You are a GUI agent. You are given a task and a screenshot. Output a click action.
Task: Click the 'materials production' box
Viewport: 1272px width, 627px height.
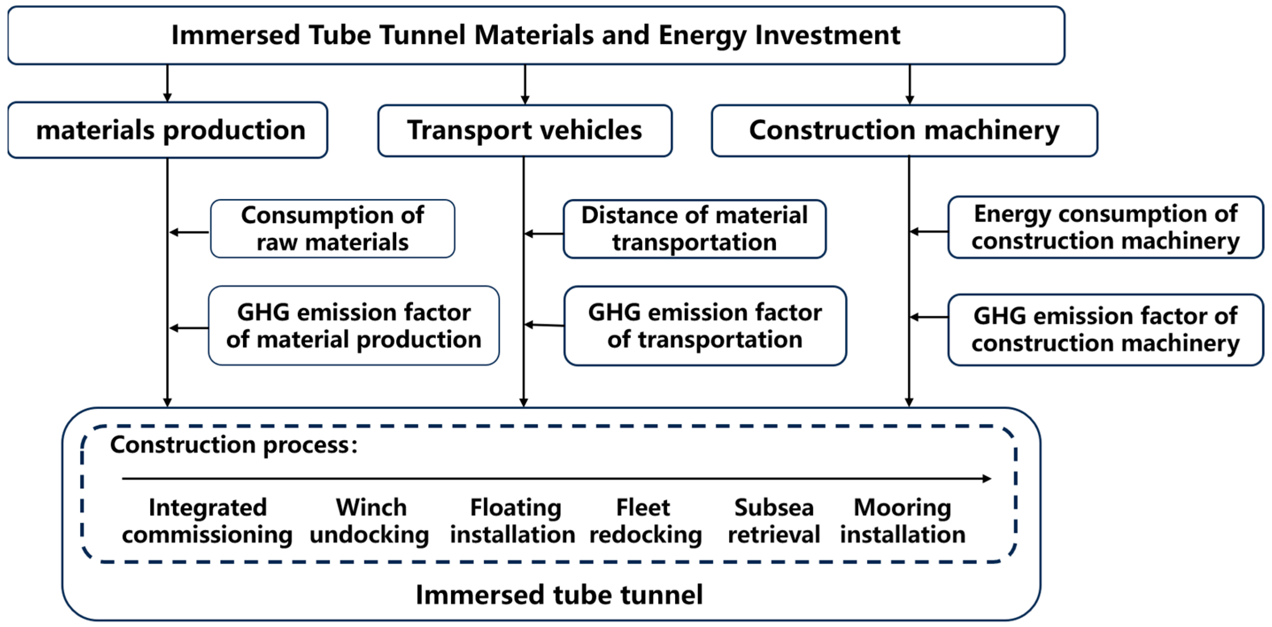[168, 130]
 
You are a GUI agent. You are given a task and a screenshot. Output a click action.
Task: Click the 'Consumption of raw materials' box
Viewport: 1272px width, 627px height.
[333, 228]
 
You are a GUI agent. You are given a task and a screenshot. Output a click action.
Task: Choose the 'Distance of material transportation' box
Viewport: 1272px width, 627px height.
[694, 229]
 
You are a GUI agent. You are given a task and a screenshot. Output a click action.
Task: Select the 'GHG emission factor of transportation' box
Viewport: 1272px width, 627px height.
[705, 326]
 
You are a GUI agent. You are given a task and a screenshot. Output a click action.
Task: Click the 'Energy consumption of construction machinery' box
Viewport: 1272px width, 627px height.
[1106, 227]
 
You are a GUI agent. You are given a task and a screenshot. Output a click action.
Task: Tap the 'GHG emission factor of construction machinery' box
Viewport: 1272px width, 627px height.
[1106, 330]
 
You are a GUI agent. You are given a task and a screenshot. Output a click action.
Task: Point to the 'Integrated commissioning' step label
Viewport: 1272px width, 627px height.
[208, 521]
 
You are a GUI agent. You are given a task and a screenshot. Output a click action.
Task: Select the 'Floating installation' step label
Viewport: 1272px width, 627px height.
[513, 521]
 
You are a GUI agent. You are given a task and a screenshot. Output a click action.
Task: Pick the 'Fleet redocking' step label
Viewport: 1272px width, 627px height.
[645, 521]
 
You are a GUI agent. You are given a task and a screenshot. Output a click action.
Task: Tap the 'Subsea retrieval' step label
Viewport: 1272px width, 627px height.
[774, 521]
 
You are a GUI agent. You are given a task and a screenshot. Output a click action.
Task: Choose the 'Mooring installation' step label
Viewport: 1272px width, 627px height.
[903, 521]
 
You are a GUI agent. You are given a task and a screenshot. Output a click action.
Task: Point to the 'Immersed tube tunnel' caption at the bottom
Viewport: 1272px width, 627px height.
[559, 594]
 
